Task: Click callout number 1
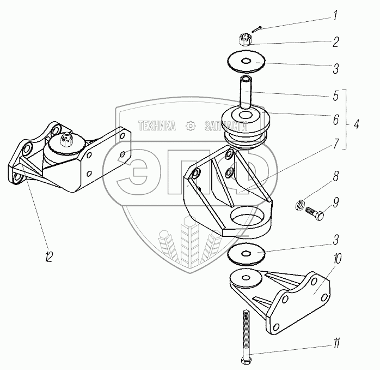(x=336, y=17)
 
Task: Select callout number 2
(x=336, y=41)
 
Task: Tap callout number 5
(x=336, y=94)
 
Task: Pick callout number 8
(x=336, y=177)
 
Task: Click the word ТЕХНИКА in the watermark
(x=157, y=126)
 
